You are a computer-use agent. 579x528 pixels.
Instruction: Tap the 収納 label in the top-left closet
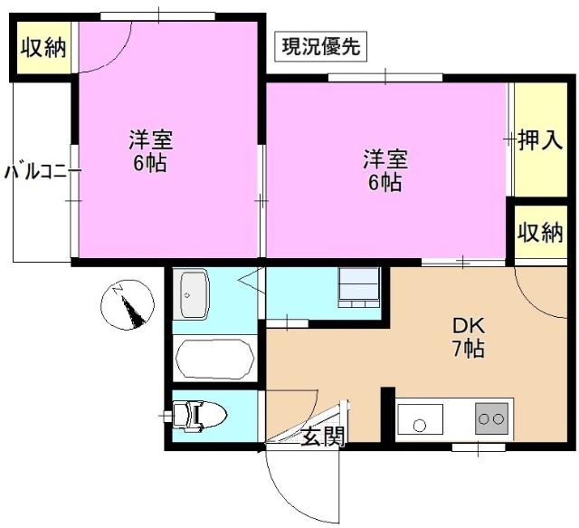[43, 47]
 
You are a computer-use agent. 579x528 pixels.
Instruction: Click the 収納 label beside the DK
[540, 233]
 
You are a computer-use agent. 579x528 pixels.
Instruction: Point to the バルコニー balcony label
[35, 172]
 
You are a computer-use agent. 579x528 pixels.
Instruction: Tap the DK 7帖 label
[468, 336]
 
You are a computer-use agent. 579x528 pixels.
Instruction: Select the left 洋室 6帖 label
[149, 151]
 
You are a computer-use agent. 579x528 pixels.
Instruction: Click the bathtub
[214, 359]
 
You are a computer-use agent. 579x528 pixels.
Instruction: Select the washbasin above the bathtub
[193, 295]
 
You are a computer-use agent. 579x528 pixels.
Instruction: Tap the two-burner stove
[491, 418]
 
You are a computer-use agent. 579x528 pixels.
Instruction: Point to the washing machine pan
[359, 287]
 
